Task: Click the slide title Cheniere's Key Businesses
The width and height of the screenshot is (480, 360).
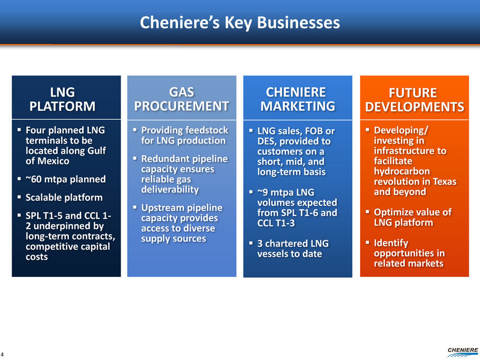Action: [239, 22]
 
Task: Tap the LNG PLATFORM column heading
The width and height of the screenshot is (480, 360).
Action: [62, 99]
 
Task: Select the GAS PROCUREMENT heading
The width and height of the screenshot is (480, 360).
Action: [181, 99]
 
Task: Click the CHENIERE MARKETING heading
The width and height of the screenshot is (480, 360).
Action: [298, 99]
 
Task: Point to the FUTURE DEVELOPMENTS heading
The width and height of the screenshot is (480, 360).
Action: [415, 100]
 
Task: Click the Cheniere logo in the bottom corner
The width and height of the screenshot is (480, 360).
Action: [463, 352]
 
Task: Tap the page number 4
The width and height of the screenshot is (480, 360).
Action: [2, 354]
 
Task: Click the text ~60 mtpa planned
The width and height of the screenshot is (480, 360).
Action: [65, 179]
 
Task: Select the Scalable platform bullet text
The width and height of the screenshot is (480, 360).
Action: [64, 198]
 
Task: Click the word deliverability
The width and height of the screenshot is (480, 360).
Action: [170, 189]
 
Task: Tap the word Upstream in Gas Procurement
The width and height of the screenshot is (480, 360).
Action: [162, 208]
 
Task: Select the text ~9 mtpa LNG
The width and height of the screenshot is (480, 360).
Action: [285, 192]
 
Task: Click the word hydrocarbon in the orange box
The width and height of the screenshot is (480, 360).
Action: [402, 172]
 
